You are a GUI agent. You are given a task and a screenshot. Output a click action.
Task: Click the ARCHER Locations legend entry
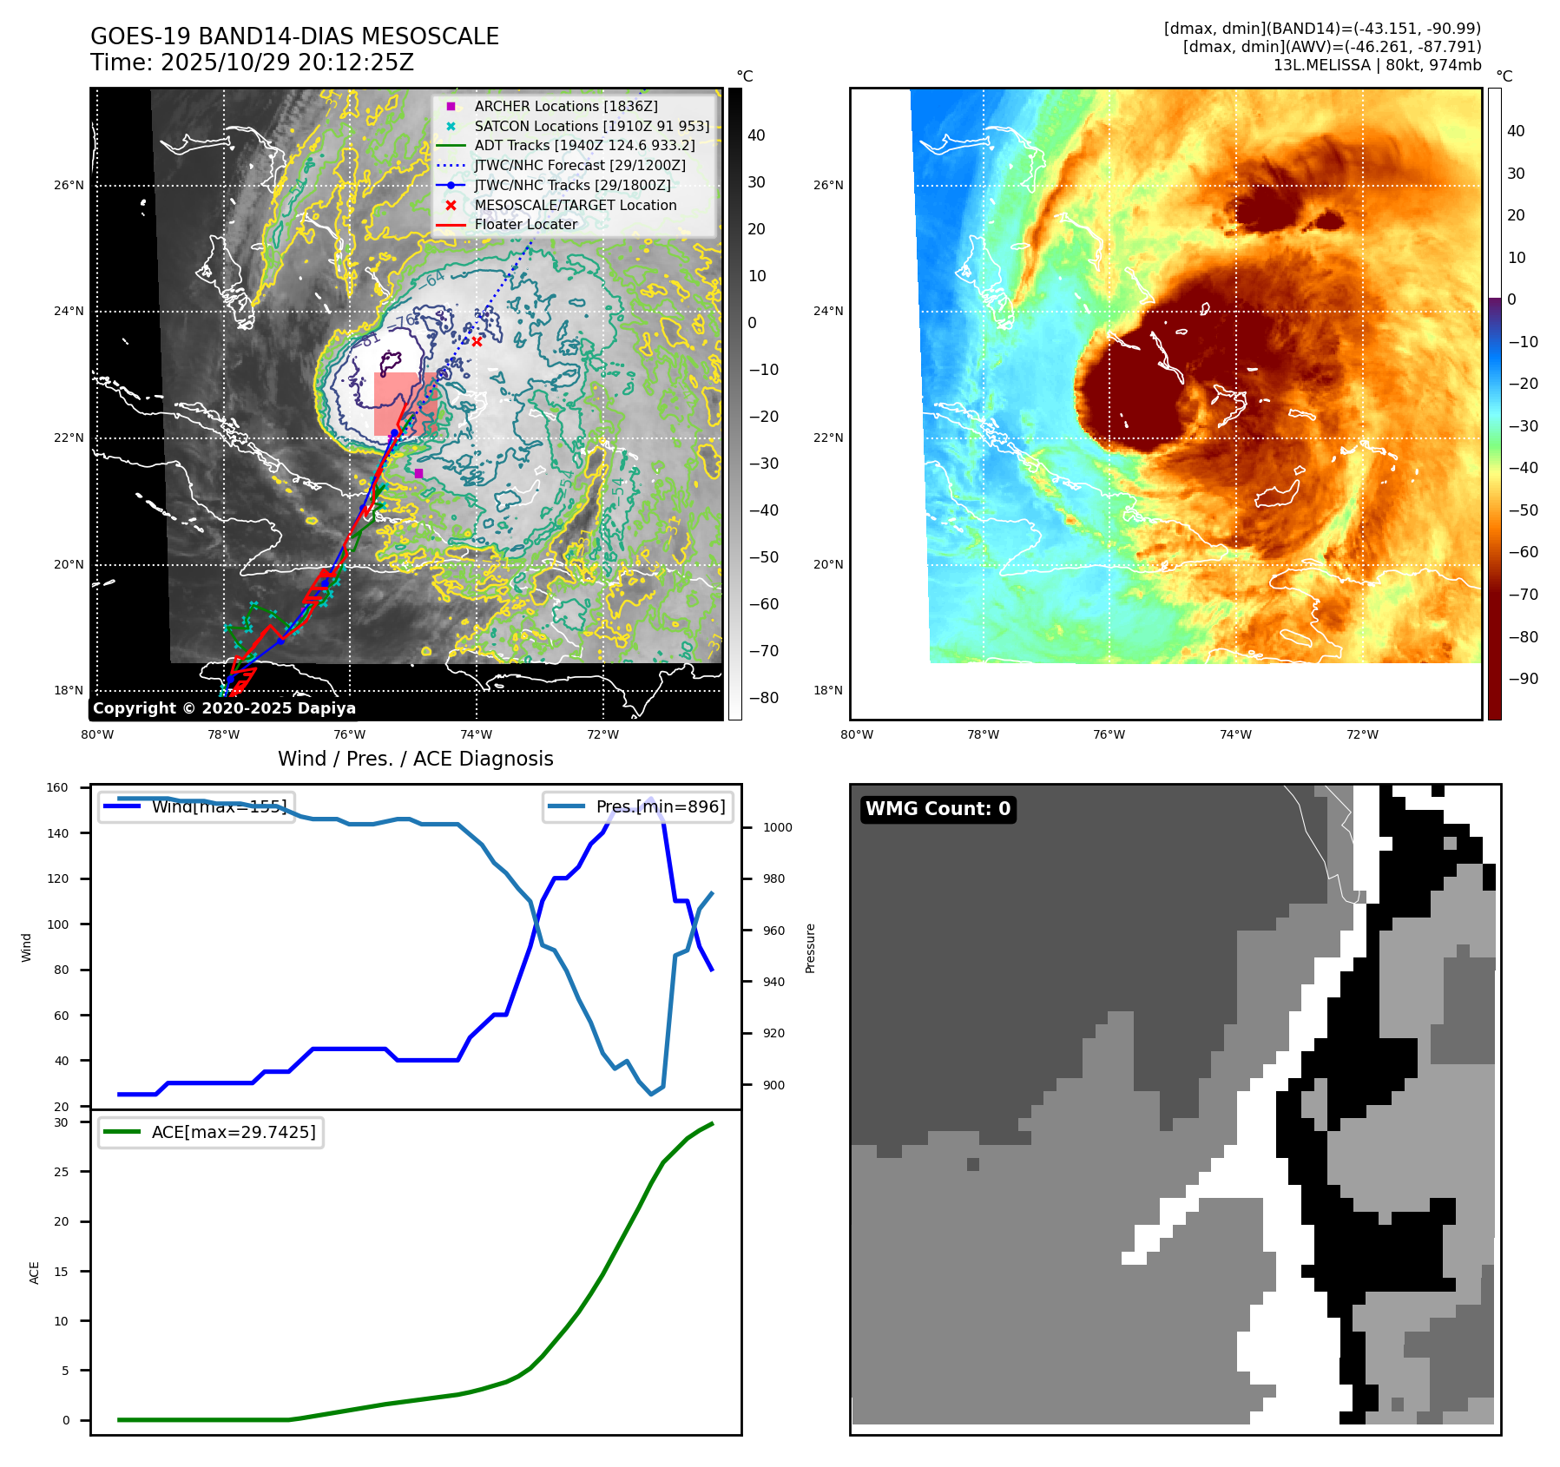point(566,106)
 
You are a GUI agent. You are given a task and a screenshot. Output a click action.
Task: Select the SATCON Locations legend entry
point(591,126)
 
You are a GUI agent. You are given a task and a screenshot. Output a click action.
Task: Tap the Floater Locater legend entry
point(525,224)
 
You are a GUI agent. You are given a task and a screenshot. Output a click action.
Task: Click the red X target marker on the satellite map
point(477,341)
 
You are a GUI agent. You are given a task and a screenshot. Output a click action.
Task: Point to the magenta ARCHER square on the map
point(418,473)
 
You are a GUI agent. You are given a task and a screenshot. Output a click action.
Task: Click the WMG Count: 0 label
point(938,809)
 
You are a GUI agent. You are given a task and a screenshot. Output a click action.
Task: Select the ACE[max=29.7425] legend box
point(211,1132)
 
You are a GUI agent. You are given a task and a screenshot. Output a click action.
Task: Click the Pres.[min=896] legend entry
point(638,806)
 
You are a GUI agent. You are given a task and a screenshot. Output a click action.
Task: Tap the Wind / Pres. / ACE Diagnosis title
point(415,759)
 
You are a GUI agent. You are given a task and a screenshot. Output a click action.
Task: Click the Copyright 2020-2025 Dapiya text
point(224,708)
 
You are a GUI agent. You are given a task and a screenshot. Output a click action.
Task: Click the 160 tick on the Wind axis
point(57,788)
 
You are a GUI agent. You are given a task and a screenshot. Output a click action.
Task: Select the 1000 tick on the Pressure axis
point(777,827)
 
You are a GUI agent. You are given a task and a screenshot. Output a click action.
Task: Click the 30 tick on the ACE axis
point(61,1122)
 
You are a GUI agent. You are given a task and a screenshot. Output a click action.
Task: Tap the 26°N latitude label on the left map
point(69,185)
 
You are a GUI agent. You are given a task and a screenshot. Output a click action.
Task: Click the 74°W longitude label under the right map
point(1235,734)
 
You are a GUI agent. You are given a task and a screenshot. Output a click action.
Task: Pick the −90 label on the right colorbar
point(1523,679)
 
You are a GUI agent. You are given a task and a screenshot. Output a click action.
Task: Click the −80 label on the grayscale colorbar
point(764,698)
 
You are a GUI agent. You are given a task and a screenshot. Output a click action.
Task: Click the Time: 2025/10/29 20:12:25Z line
point(252,63)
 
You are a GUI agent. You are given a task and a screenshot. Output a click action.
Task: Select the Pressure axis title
point(810,948)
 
